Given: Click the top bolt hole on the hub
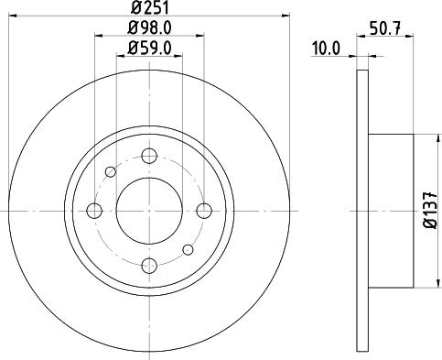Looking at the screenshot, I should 149,156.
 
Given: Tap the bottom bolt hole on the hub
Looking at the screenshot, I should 149,266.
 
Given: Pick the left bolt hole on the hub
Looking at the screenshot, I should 94,211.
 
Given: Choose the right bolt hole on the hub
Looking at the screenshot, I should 204,211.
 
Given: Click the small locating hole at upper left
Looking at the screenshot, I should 111,171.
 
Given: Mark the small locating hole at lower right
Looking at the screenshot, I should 189,249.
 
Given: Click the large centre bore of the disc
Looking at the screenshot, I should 149,211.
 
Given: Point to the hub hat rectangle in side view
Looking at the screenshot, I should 392,211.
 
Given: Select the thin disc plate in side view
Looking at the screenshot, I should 361,211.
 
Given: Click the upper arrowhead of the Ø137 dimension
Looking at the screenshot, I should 421,137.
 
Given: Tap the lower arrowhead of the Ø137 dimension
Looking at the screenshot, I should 421,285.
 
